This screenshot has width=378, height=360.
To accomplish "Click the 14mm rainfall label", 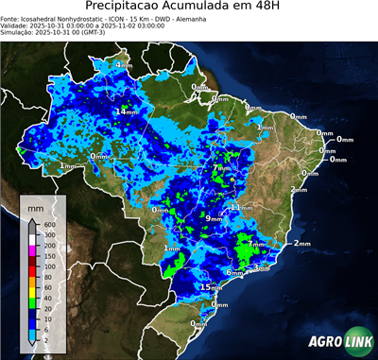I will tap(125, 111).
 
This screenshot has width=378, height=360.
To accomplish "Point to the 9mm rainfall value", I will tap(214, 218).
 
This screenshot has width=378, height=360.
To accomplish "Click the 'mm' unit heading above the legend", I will tap(37, 206).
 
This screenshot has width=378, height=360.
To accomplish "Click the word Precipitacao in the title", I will tap(133, 8).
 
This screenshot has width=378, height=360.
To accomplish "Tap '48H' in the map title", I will tap(265, 8).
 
